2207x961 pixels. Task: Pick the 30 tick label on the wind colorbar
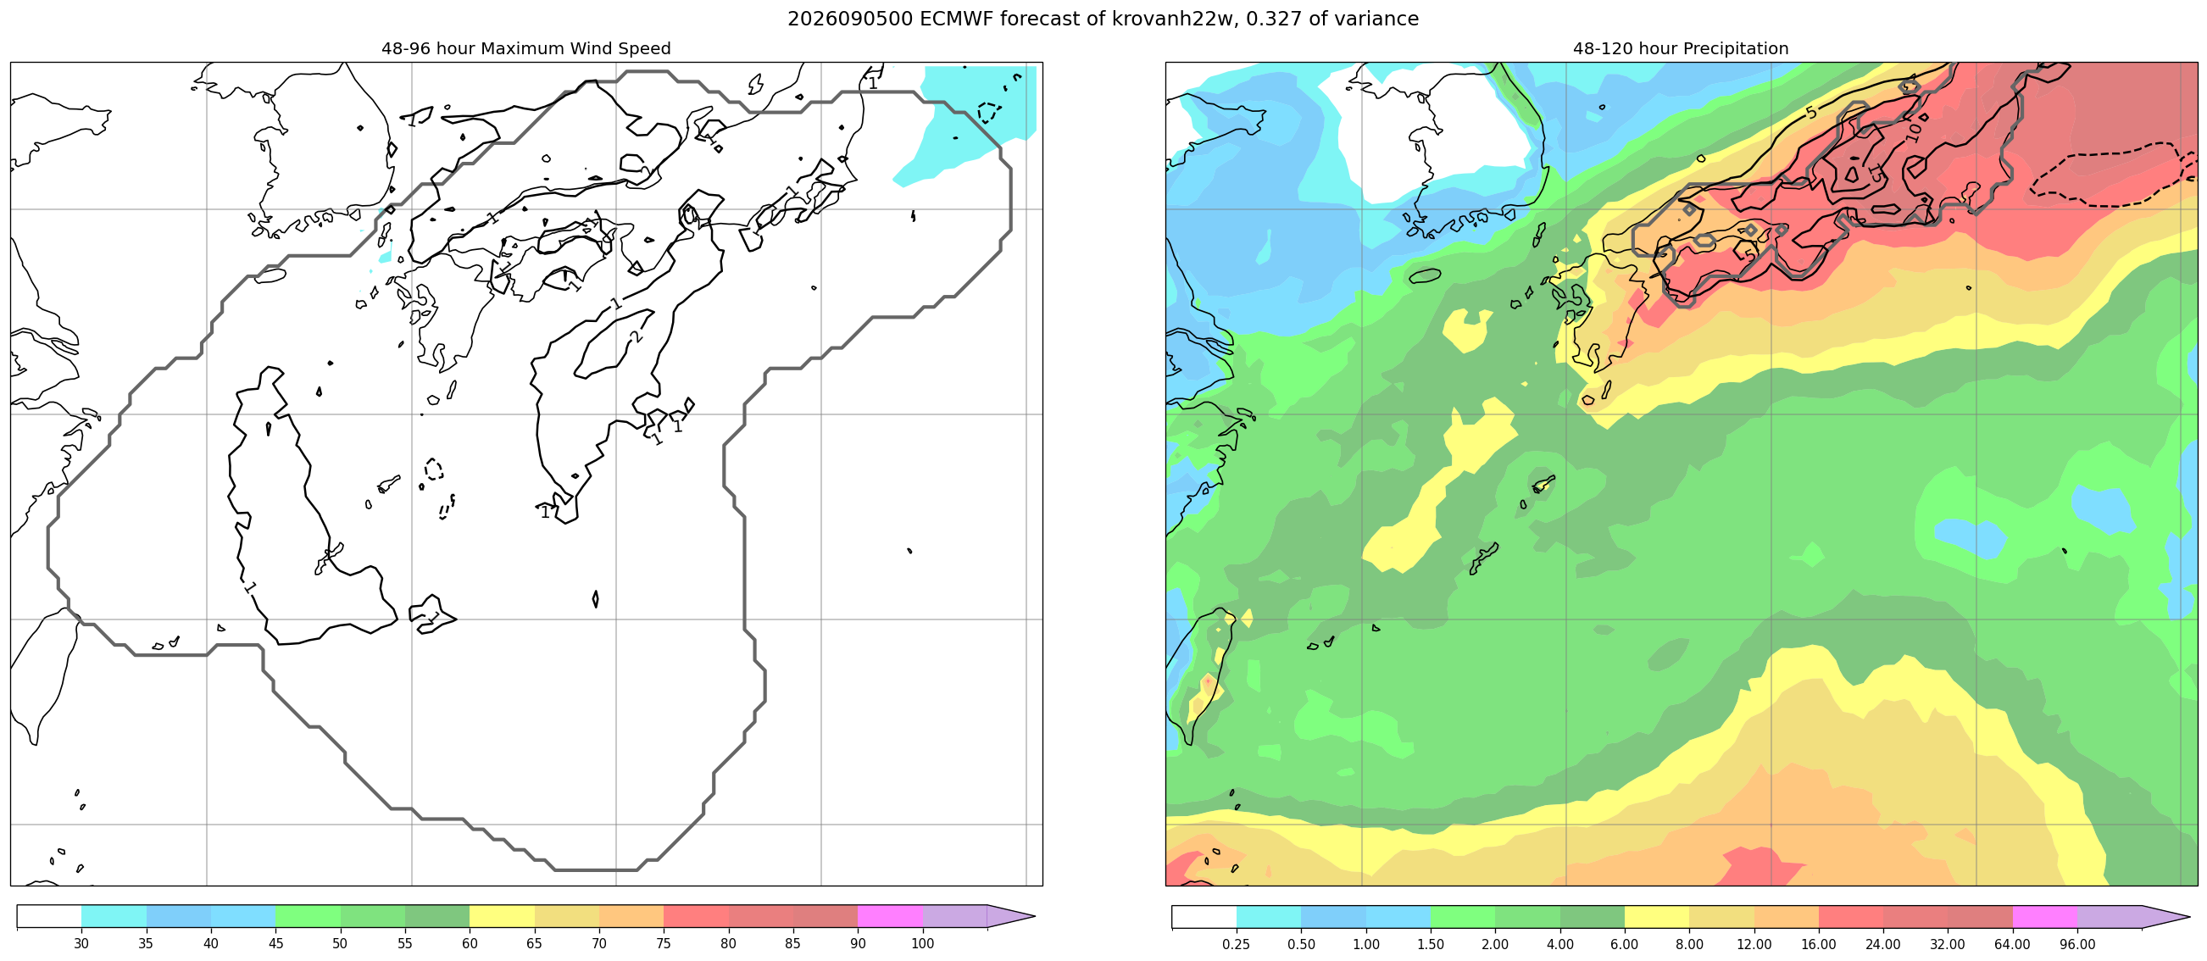pyautogui.click(x=81, y=943)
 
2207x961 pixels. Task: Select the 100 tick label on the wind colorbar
pyautogui.click(x=923, y=943)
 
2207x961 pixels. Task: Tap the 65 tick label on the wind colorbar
pyautogui.click(x=535, y=943)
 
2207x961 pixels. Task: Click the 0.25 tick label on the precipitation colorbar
pyautogui.click(x=1237, y=944)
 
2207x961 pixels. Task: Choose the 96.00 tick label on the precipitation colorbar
pyautogui.click(x=2077, y=944)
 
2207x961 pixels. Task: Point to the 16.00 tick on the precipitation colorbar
pyautogui.click(x=1819, y=944)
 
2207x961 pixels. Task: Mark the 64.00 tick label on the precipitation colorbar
pyautogui.click(x=2013, y=944)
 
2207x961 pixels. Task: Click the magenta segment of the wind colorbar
pyautogui.click(x=890, y=916)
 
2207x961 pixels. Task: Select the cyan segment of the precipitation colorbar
pyautogui.click(x=1269, y=917)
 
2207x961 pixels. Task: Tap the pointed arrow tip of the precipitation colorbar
pyautogui.click(x=2190, y=917)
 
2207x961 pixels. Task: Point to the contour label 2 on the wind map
pyautogui.click(x=635, y=336)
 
